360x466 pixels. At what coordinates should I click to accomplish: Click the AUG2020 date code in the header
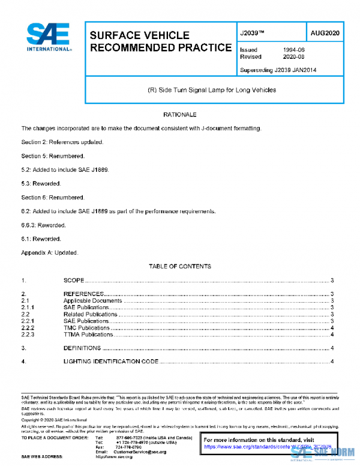326,33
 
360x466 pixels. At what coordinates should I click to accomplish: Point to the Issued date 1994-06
293,50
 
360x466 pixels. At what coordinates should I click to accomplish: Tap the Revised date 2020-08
293,57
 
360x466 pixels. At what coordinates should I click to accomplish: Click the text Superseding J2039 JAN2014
278,70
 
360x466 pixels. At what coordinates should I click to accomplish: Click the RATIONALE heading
180,114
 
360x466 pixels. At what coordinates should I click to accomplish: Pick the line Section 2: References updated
62,142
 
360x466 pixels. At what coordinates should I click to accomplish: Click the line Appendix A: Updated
50,253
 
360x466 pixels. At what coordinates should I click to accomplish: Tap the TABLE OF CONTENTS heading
179,266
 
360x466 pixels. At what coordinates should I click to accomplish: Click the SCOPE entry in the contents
74,280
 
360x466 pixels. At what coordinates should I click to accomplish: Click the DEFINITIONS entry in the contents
83,348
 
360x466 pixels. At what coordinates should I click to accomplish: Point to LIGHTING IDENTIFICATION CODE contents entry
111,362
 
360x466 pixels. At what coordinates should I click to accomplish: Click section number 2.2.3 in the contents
29,334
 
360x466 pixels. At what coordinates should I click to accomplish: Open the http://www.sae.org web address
115,457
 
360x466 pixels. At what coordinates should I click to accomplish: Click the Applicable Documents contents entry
92,300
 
